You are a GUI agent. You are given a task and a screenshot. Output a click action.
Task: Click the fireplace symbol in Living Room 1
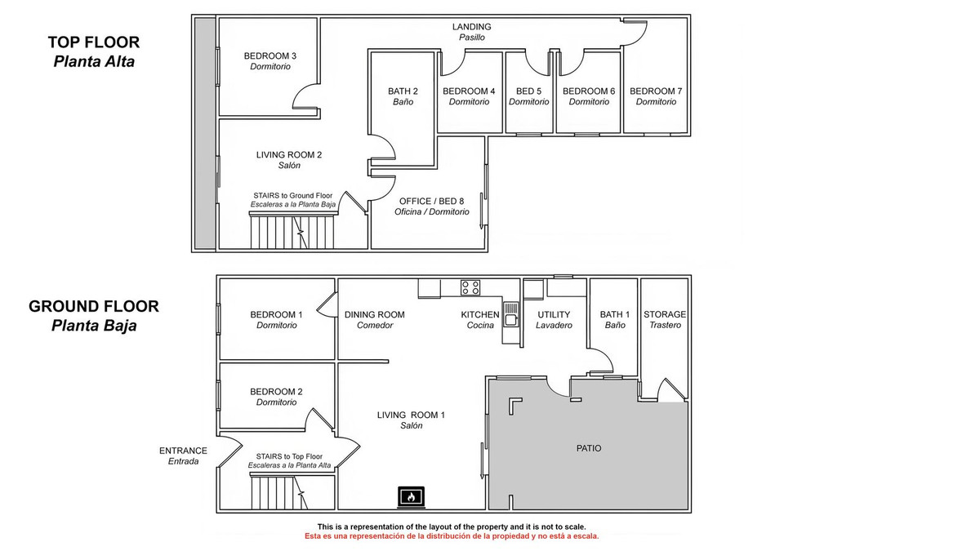click(x=411, y=497)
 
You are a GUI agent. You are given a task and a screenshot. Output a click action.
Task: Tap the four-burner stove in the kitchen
click(x=470, y=287)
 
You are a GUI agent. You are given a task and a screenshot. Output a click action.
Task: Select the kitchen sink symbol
click(x=510, y=313)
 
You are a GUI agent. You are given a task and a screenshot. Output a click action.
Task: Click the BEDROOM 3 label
click(x=270, y=56)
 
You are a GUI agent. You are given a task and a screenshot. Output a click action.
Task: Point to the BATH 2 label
click(x=403, y=91)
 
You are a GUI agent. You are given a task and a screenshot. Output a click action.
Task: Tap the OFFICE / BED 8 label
click(x=431, y=201)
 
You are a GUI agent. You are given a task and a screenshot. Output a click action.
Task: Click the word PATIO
click(x=589, y=448)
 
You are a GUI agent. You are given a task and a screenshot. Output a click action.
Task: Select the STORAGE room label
click(x=665, y=314)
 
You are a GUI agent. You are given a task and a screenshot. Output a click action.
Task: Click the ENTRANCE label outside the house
click(x=183, y=451)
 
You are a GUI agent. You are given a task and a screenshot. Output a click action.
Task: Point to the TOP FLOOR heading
click(x=94, y=42)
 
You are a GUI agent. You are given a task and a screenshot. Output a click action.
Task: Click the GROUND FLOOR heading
click(x=94, y=307)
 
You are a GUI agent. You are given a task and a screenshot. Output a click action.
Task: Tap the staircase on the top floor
click(x=292, y=230)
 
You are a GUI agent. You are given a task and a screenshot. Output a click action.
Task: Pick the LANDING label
click(x=472, y=27)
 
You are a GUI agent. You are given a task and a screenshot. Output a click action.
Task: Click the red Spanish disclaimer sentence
click(x=452, y=536)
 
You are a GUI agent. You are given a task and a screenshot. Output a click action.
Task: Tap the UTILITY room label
click(x=554, y=315)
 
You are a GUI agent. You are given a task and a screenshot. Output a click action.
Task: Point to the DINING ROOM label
click(x=375, y=315)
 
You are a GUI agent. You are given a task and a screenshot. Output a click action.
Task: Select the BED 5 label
click(x=528, y=91)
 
